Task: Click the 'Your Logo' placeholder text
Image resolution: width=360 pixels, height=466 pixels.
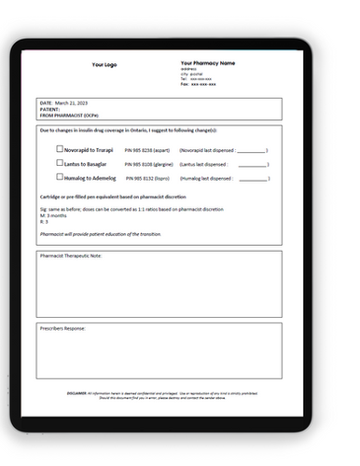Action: click(x=104, y=65)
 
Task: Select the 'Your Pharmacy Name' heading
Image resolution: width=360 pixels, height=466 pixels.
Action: click(x=208, y=63)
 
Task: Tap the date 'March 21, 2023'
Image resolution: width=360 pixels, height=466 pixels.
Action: click(x=71, y=102)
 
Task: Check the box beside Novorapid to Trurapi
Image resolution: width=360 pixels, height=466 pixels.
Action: click(x=61, y=149)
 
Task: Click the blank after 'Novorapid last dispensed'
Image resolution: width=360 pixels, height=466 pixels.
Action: click(x=253, y=150)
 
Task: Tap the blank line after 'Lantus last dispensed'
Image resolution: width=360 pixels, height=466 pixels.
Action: click(x=253, y=163)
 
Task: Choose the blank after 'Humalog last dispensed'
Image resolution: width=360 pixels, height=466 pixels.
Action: click(x=253, y=177)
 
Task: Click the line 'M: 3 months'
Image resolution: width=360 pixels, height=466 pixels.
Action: click(x=54, y=215)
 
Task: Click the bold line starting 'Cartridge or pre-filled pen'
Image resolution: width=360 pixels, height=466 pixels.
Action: click(x=112, y=197)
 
